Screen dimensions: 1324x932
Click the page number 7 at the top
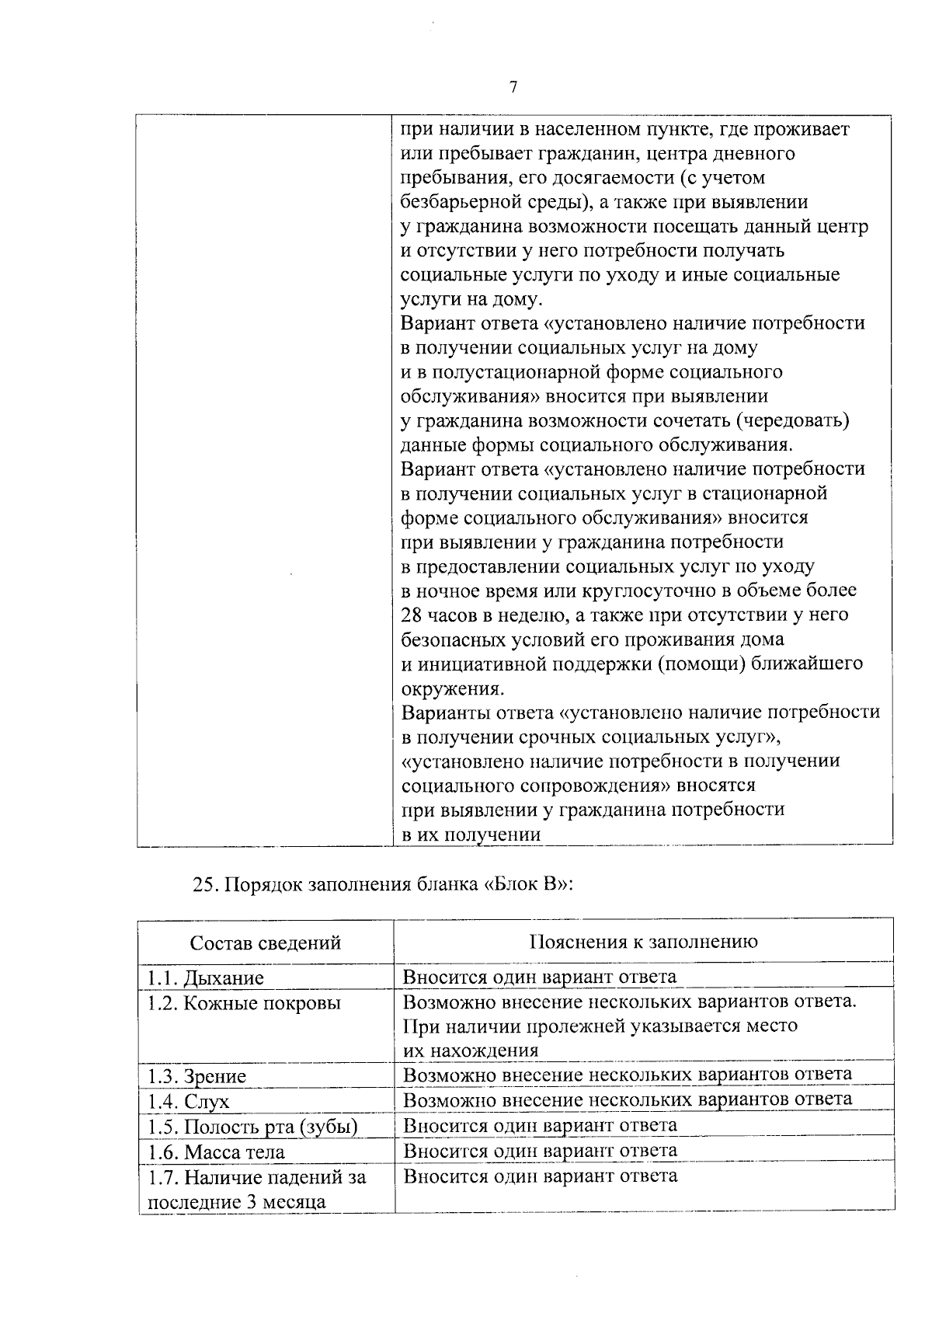click(513, 88)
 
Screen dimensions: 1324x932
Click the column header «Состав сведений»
click(266, 942)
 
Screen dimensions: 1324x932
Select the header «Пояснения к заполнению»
click(643, 942)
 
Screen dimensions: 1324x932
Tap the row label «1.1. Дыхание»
click(206, 977)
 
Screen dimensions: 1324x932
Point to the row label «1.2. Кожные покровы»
click(244, 1003)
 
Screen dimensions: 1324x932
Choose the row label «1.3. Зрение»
click(197, 1076)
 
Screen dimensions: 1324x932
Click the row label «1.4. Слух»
click(189, 1101)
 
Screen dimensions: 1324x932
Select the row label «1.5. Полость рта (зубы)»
click(252, 1127)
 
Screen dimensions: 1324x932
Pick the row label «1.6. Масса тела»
click(216, 1152)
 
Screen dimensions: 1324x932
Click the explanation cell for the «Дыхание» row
click(540, 977)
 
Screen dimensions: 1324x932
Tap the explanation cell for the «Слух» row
click(628, 1099)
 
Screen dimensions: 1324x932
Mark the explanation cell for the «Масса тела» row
click(540, 1150)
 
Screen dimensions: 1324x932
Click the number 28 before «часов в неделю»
click(411, 615)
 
